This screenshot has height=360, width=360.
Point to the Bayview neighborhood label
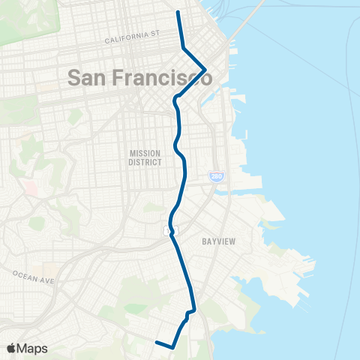pyautogui.click(x=220, y=242)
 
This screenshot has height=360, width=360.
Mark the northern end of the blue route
pyautogui.click(x=178, y=12)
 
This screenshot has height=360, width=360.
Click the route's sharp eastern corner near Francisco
pyautogui.click(x=205, y=70)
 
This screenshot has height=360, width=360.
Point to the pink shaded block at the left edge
pyautogui.click(x=29, y=186)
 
